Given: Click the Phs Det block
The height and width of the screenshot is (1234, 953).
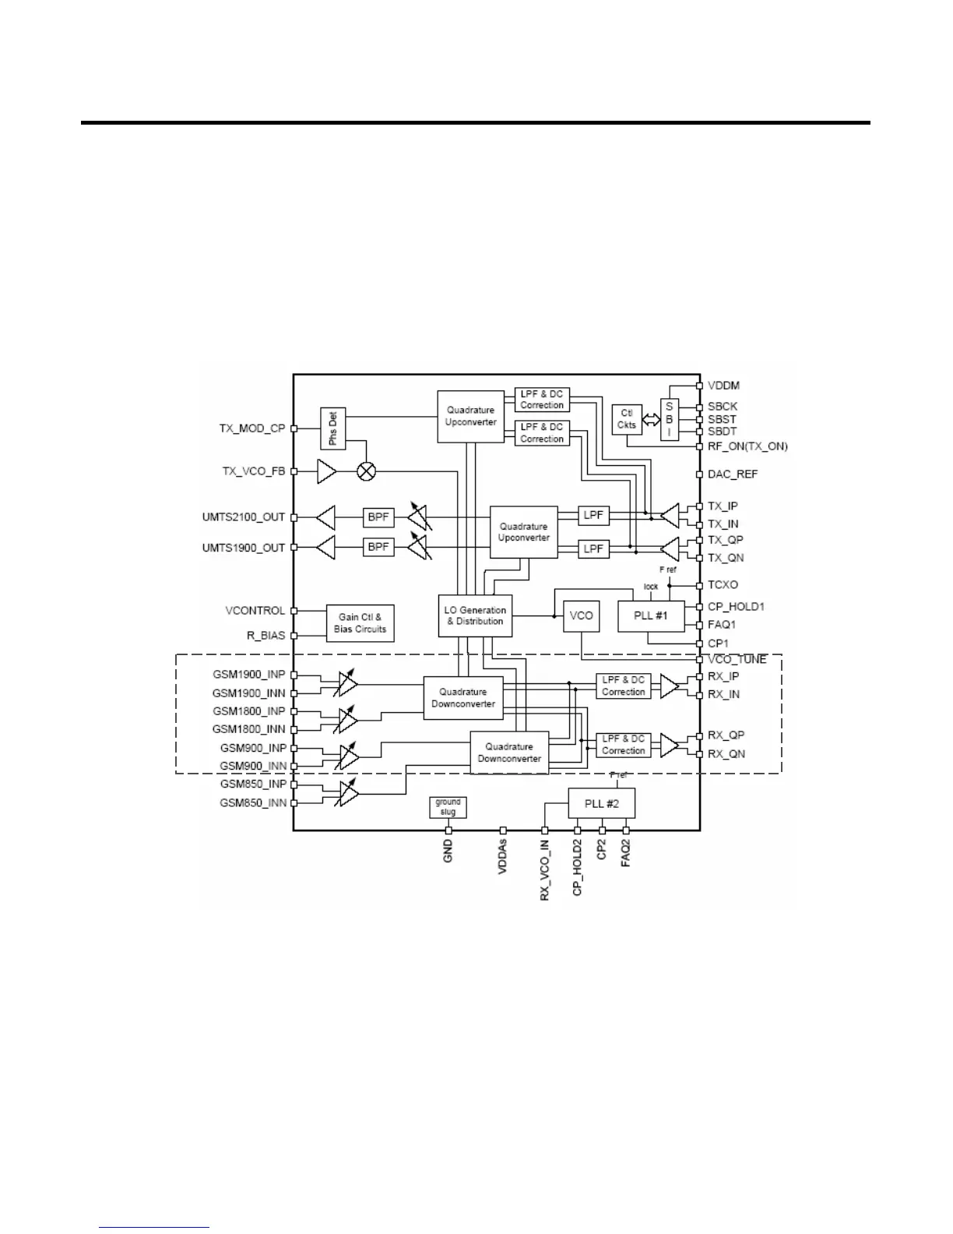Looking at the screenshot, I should point(333,428).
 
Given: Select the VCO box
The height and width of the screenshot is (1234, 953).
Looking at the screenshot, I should point(581,615).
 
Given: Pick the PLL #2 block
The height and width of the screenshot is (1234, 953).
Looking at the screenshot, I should point(602,803).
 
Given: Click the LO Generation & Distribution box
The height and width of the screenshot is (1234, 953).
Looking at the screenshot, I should point(475,615).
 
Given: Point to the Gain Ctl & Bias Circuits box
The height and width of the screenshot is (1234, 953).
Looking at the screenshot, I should point(360,623).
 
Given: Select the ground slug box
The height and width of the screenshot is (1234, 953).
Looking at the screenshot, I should point(448,806).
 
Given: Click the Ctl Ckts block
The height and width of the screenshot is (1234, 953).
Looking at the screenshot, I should point(627,419).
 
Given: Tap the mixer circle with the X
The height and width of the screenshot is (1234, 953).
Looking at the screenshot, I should point(366,471).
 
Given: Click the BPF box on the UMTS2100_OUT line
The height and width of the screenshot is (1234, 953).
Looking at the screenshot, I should point(378,517).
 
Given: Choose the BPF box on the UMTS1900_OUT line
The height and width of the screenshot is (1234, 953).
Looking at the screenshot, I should point(378,547).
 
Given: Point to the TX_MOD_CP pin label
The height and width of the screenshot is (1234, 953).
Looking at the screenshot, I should point(252,428).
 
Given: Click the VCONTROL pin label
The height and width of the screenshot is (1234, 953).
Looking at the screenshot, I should point(255,611).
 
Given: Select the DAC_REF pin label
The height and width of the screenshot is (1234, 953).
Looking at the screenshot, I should point(733,474).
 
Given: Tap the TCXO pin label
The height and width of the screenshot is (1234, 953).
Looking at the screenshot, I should point(723,584).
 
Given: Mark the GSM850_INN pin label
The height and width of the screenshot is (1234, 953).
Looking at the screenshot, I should point(253,802).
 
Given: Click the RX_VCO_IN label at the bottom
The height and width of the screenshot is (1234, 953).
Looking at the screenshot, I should point(544,870).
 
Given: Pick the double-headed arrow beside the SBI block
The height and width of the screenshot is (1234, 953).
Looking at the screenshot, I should point(651,420).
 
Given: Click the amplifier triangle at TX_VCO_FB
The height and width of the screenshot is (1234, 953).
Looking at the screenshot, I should point(326,471).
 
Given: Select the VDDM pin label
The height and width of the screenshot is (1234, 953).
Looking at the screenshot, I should point(723,385).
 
